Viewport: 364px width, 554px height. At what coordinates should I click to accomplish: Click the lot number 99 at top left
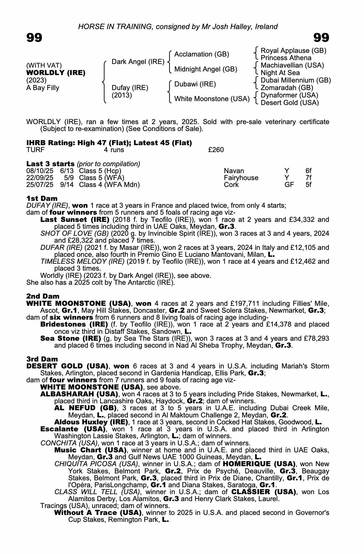click(x=34, y=38)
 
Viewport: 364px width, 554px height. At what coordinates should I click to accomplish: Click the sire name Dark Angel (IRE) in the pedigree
click(x=138, y=62)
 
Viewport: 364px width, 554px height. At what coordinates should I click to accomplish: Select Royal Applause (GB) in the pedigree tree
click(x=293, y=51)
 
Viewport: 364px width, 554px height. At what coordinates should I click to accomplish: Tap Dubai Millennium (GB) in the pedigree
click(x=296, y=80)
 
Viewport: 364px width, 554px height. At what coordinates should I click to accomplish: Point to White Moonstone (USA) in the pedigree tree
click(x=212, y=99)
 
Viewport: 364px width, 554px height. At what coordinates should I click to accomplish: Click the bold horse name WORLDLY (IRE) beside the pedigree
click(x=56, y=73)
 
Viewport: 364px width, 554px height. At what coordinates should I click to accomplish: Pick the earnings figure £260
click(x=216, y=150)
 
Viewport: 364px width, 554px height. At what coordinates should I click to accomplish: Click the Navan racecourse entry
click(x=234, y=171)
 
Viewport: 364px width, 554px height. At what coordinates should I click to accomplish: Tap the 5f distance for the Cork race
click(x=308, y=185)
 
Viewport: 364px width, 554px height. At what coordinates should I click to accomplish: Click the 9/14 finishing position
click(x=67, y=185)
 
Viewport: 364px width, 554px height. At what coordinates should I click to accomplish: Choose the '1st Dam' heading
click(x=42, y=198)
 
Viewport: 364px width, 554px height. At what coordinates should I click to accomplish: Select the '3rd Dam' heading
click(x=43, y=359)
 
